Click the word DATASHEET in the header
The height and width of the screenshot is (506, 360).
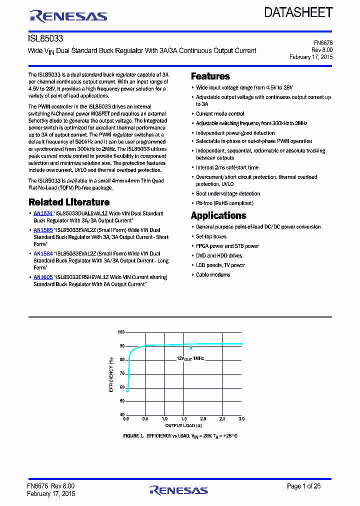point(298,12)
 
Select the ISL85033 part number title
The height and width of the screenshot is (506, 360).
point(45,38)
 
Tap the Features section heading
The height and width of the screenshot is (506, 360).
point(210,76)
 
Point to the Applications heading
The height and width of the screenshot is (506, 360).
point(218,215)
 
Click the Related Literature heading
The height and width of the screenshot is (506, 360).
point(69,202)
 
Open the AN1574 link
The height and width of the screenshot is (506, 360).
point(43,213)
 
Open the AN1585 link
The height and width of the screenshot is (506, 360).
point(43,230)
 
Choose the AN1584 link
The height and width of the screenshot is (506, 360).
point(43,254)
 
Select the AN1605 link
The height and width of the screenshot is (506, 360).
point(43,277)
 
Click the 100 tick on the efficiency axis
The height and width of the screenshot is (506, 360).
point(121,332)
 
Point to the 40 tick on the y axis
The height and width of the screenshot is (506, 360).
point(122,414)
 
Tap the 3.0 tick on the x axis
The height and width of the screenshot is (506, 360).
point(241,418)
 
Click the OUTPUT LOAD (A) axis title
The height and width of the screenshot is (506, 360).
point(183,425)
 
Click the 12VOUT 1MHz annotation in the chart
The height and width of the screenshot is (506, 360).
point(190,358)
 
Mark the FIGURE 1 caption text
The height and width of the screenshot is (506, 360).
point(180,436)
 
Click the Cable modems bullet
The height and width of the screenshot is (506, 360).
point(213,275)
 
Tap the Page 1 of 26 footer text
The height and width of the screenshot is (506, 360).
point(303,486)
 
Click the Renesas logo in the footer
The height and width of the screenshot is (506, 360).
point(178,489)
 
